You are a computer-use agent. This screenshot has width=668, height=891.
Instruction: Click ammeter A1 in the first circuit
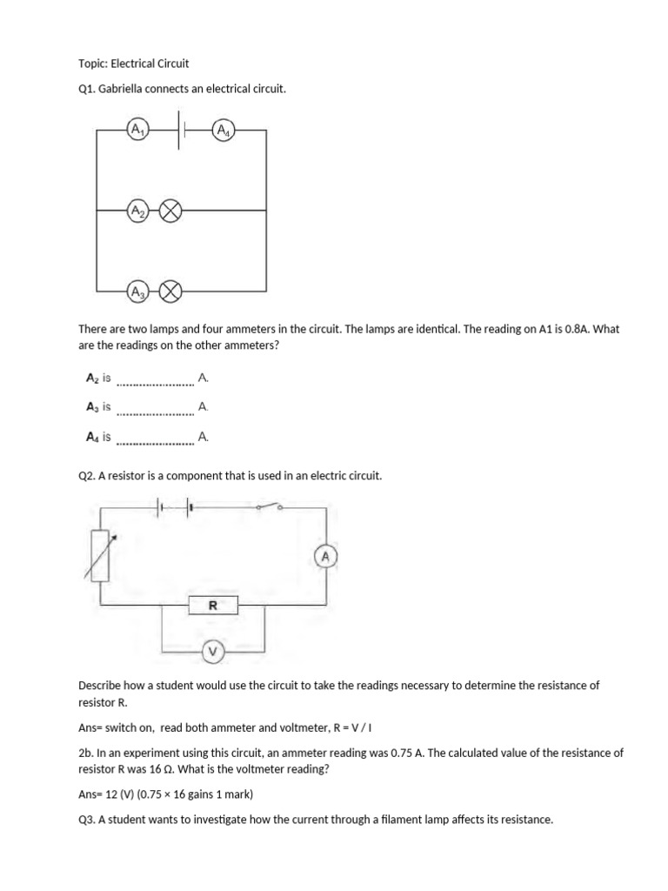(x=137, y=131)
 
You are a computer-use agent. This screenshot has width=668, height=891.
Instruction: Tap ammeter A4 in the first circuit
(x=224, y=131)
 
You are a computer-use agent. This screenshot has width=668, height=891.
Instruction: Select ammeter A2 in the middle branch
(x=137, y=211)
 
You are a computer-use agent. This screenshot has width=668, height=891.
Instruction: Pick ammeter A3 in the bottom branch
(x=137, y=291)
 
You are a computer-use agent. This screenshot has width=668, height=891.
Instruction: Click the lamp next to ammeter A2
(x=170, y=211)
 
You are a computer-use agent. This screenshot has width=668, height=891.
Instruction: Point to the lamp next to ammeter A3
(x=170, y=291)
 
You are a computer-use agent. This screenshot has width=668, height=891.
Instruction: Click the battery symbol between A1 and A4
(x=182, y=131)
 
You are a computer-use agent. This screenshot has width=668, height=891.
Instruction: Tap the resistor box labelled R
(x=212, y=605)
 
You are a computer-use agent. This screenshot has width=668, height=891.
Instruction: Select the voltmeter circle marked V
(x=212, y=651)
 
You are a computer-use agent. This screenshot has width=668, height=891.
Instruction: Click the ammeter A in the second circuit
(x=325, y=555)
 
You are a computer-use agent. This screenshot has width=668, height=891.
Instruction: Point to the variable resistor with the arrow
(x=100, y=554)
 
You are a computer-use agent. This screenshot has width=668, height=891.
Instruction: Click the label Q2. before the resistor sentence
(x=87, y=476)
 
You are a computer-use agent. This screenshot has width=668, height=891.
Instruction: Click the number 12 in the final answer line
(x=110, y=794)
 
